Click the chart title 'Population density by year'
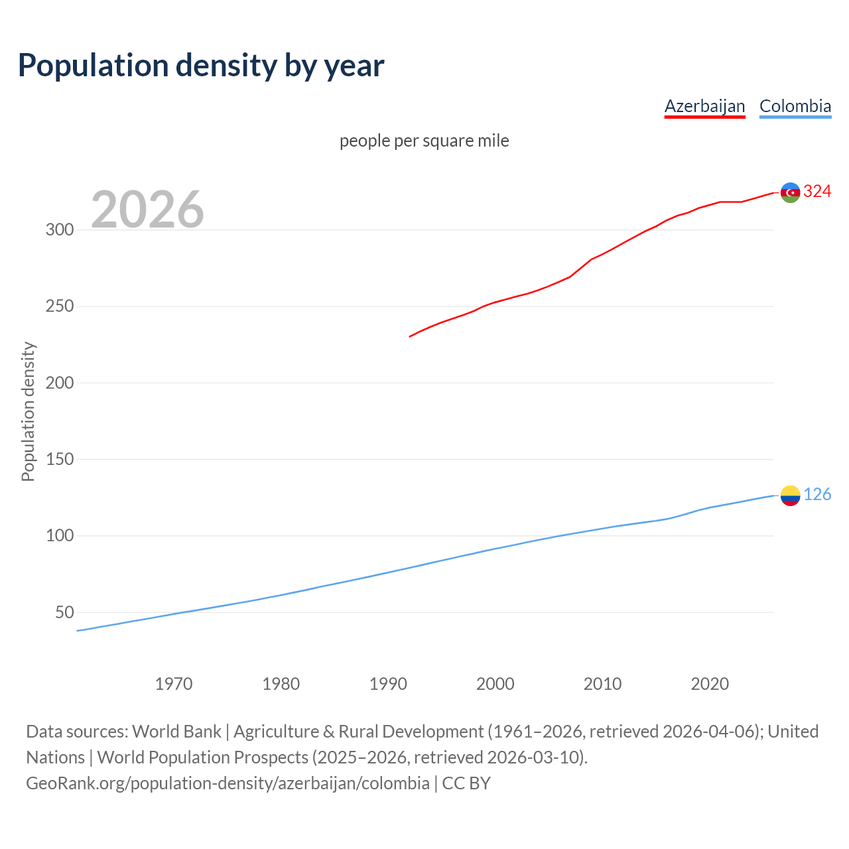tap(201, 66)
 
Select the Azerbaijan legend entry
tap(704, 106)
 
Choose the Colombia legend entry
tap(795, 106)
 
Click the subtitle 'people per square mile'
tap(424, 141)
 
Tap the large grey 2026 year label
tap(147, 210)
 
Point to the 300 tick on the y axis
tap(59, 230)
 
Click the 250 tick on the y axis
tap(59, 306)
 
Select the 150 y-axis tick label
tap(59, 459)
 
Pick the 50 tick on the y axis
tap(64, 612)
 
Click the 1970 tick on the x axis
tap(174, 684)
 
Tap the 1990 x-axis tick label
tap(388, 684)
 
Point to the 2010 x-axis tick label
tap(602, 684)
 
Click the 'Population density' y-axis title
tap(28, 411)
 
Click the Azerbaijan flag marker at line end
tap(790, 192)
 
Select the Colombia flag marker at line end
tap(790, 495)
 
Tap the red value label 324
tap(817, 192)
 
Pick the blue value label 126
tap(817, 495)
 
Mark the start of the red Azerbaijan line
tap(410, 336)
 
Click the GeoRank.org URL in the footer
tap(228, 783)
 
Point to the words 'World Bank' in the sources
tap(176, 732)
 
